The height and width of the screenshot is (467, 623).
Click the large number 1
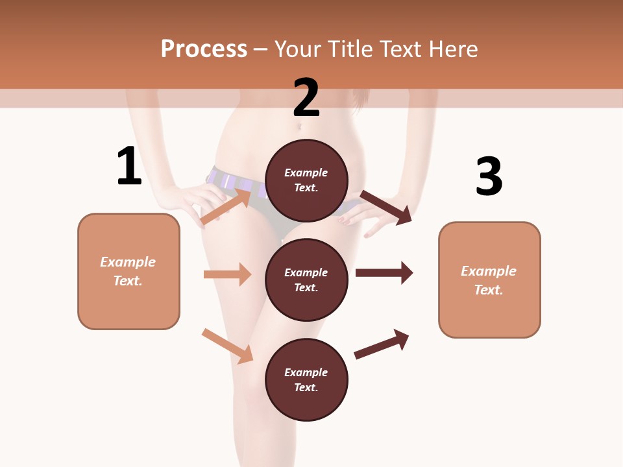point(129,166)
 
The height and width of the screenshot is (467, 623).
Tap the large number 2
point(306,98)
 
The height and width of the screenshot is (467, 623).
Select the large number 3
point(489,177)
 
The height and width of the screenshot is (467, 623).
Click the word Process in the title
point(204,49)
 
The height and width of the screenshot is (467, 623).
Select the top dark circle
point(306,180)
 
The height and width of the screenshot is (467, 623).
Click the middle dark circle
point(306,280)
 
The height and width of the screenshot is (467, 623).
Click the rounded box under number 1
point(128,271)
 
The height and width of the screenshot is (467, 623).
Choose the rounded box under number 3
point(489,280)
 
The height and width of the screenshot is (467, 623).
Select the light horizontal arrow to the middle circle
point(228,274)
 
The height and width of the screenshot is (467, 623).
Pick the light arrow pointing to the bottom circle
point(228,346)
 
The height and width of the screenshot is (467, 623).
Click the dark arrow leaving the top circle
point(386,207)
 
